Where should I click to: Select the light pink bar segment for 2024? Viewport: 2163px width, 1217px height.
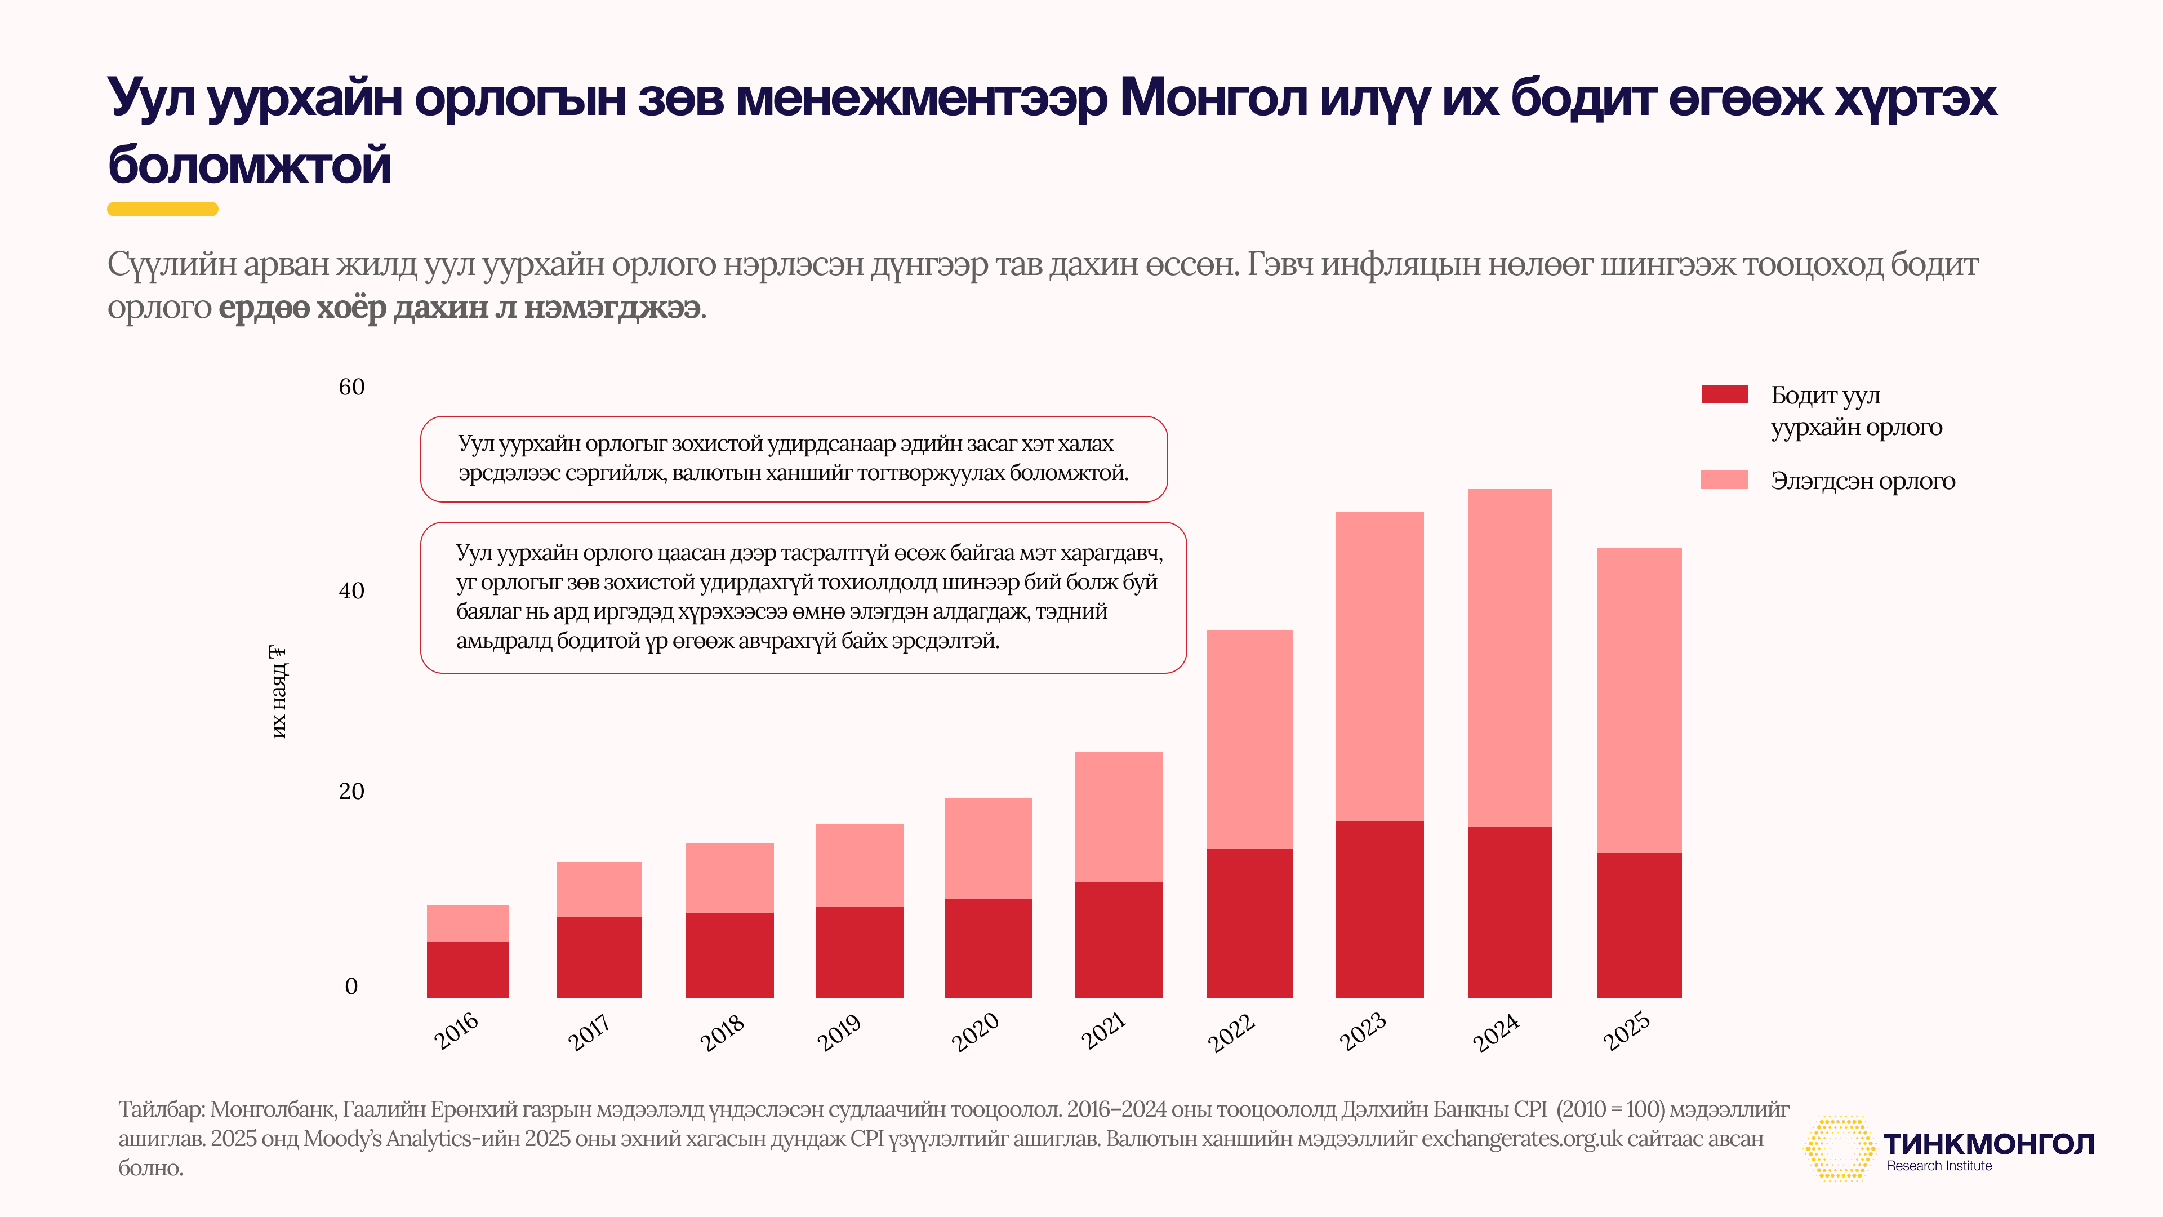point(1509,658)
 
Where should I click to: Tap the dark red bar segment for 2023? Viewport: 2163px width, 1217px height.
point(1379,909)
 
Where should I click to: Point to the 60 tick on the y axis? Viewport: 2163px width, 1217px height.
point(351,387)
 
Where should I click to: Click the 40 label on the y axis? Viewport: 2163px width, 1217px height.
point(351,591)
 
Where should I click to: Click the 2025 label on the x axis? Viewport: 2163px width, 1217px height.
point(1626,1032)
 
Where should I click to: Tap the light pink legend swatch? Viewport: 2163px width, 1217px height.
point(1725,479)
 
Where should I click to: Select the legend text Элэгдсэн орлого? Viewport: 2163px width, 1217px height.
point(1862,481)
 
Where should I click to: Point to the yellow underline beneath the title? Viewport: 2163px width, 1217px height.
point(163,209)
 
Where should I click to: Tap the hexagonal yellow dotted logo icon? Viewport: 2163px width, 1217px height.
point(1839,1148)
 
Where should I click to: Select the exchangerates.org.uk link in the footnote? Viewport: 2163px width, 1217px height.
point(1521,1139)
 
